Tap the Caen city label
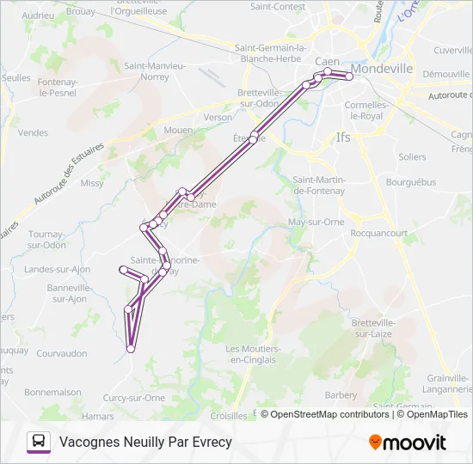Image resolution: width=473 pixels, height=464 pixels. (327, 62)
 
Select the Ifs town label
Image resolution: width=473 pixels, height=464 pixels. (343, 137)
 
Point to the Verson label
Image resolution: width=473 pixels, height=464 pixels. (218, 117)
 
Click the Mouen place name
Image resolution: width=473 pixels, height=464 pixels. (178, 130)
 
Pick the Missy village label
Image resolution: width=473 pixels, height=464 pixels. (92, 183)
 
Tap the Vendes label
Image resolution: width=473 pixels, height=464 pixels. (34, 133)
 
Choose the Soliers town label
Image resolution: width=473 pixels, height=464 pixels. (412, 157)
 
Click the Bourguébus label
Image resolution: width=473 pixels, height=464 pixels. (411, 182)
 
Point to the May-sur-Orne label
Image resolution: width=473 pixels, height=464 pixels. (316, 222)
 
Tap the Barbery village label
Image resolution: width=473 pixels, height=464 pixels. (341, 395)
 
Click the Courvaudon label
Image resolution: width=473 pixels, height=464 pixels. (62, 353)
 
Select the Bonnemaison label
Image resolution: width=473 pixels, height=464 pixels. (52, 392)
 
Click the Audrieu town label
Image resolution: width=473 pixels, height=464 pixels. (37, 15)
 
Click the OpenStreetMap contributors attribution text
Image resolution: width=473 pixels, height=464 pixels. (330, 414)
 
